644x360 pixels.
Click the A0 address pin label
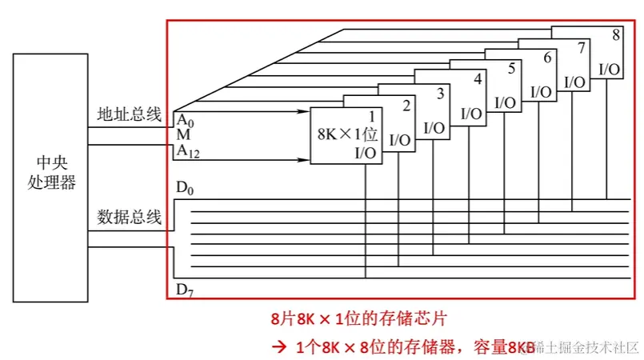[x=185, y=120]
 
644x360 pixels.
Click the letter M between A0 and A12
[x=183, y=135]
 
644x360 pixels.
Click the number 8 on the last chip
[x=615, y=35]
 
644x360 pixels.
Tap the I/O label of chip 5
[x=506, y=102]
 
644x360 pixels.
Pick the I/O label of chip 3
[x=434, y=126]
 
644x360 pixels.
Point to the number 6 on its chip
[x=547, y=58]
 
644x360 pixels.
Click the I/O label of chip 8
[x=610, y=70]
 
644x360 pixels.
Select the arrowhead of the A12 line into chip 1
[x=306, y=159]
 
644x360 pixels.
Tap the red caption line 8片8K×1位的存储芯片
[x=357, y=318]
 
